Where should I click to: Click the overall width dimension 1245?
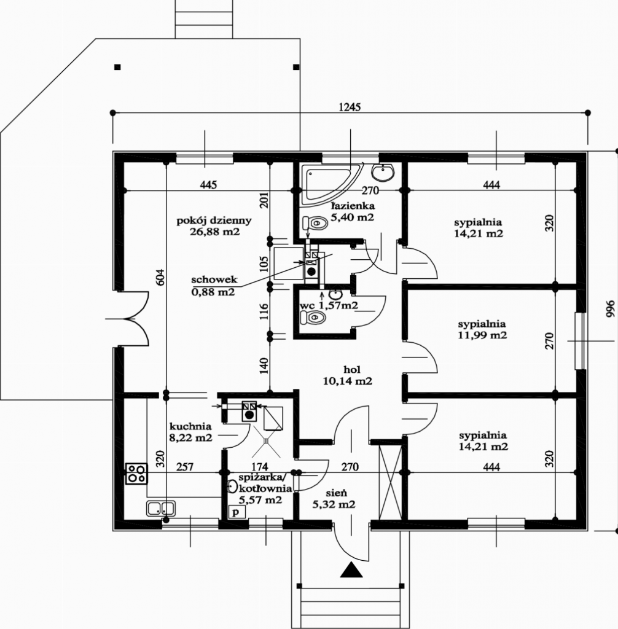[350, 107]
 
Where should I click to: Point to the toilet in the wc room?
[313, 318]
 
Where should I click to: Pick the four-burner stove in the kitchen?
[136, 474]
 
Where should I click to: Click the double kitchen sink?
[160, 508]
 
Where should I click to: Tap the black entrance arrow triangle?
[351, 569]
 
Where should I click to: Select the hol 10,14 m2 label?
[347, 375]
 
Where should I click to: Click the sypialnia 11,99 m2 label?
[482, 329]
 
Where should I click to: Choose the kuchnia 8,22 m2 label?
[190, 432]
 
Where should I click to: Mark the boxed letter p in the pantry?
[237, 512]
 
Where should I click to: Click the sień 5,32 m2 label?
[334, 498]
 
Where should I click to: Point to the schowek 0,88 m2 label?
[214, 286]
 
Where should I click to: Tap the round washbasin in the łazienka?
[383, 173]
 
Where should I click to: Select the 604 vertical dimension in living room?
[160, 277]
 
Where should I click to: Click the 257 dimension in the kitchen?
[184, 467]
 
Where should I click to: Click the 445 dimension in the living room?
[209, 184]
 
